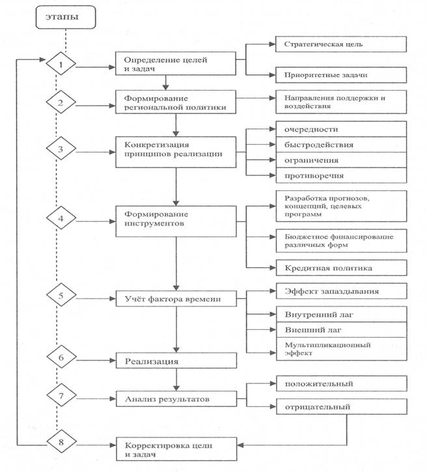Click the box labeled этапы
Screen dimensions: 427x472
(66, 17)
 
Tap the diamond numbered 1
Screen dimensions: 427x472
(61, 63)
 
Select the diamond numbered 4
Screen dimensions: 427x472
(61, 218)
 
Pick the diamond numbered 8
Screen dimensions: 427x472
(61, 441)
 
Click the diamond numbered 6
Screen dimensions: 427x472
(61, 357)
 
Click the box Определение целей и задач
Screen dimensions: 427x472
(176, 63)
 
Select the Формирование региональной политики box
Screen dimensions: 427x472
(176, 102)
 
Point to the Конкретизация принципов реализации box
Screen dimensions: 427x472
(176, 152)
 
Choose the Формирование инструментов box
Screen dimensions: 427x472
(176, 221)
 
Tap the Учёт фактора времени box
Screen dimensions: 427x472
(176, 299)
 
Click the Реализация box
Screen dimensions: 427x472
(176, 361)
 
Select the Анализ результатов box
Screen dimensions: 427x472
(176, 399)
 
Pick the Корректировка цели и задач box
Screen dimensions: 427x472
(176, 449)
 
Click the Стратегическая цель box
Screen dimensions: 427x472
(341, 44)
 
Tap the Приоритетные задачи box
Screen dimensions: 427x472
(341, 75)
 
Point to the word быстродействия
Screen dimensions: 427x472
(319, 145)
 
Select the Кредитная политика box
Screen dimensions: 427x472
(342, 267)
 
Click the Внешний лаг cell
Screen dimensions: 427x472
(342, 330)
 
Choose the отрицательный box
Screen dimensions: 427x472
(342, 407)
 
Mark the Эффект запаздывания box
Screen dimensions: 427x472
(342, 291)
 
